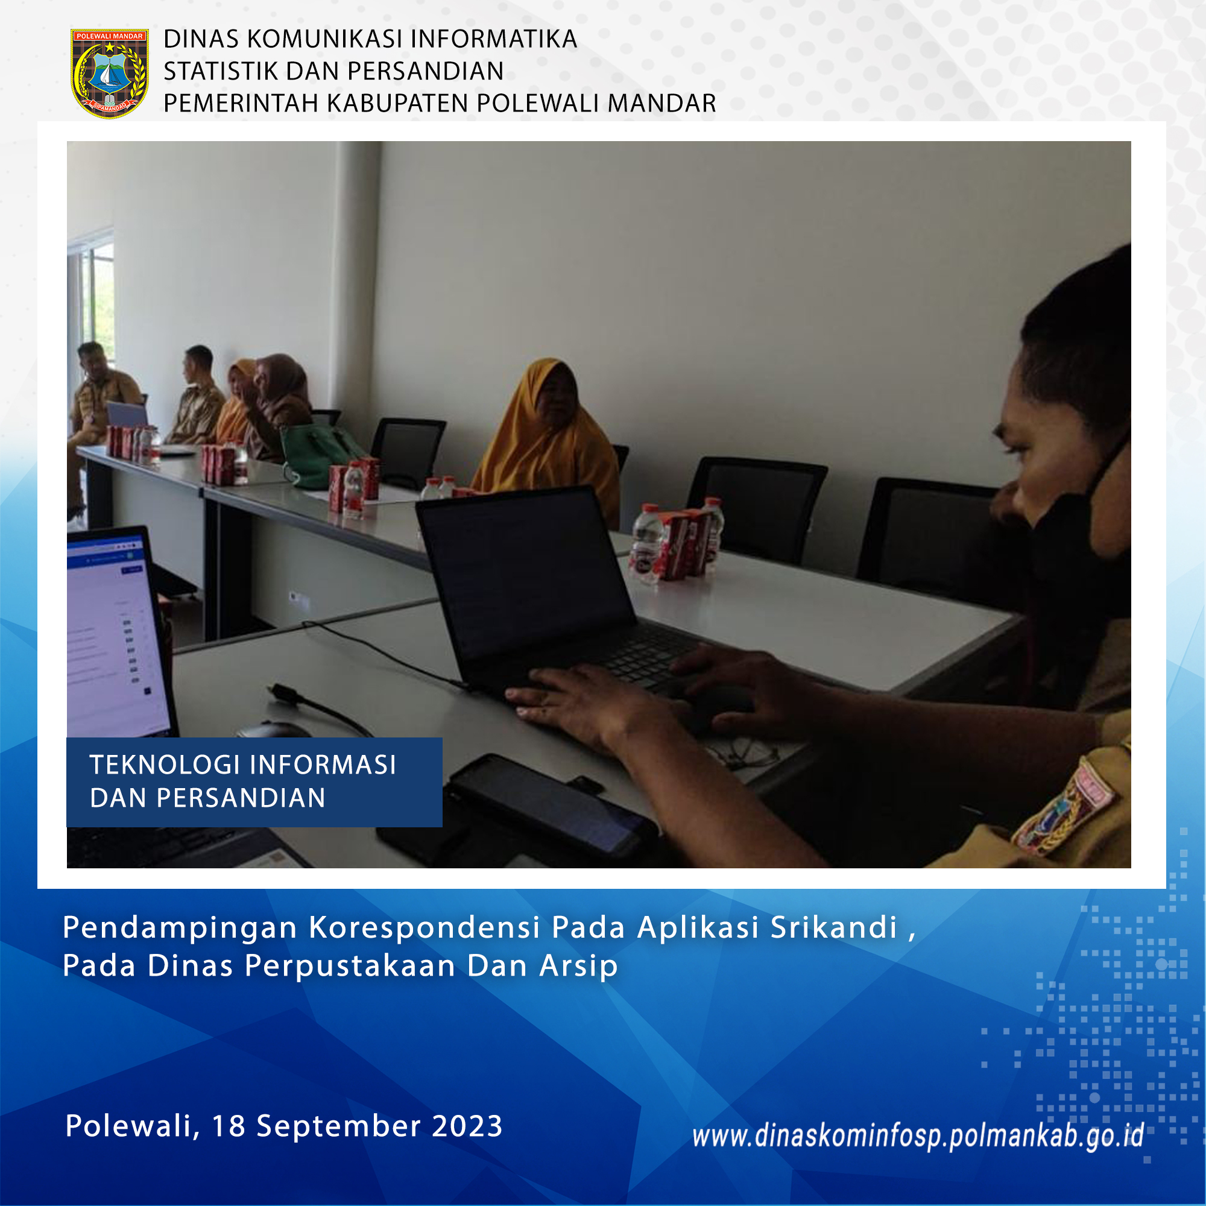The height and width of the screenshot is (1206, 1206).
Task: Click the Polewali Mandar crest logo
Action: (x=109, y=73)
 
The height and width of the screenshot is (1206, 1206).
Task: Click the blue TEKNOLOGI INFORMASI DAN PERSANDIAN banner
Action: (x=254, y=782)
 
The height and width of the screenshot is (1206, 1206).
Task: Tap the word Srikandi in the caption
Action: (x=834, y=927)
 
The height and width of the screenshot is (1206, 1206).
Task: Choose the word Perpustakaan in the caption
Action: (x=350, y=966)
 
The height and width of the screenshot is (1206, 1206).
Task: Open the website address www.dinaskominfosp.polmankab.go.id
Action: (x=918, y=1136)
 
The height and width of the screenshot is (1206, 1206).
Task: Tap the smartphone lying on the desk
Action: (x=552, y=805)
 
